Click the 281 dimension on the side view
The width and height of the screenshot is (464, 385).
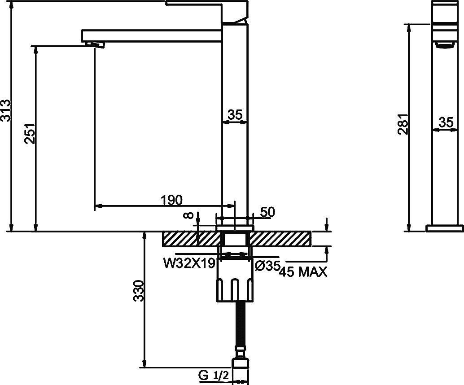[403, 124]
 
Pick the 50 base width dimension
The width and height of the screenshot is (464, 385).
[267, 212]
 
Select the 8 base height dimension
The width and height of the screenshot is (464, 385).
[191, 215]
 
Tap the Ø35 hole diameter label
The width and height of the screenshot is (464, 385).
[267, 266]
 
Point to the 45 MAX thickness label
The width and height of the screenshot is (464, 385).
[303, 272]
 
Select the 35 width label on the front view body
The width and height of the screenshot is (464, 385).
[235, 115]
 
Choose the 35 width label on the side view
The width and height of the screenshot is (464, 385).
[446, 122]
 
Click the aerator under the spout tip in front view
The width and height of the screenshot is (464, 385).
[95, 44]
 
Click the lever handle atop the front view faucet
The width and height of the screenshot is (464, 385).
[206, 4]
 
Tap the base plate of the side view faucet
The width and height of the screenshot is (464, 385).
[444, 228]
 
